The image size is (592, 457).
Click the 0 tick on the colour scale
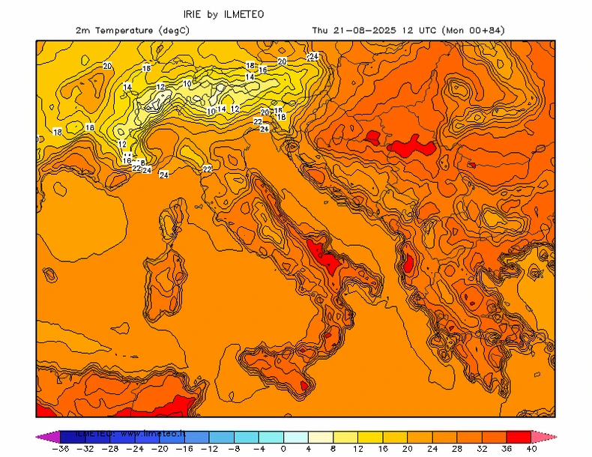(x=283, y=449)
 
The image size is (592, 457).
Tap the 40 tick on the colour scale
(x=531, y=449)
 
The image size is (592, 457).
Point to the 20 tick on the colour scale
(x=408, y=449)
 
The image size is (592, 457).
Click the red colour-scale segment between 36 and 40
(x=519, y=437)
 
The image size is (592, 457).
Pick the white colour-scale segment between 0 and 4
(x=296, y=437)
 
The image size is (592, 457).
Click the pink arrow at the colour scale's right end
(x=544, y=437)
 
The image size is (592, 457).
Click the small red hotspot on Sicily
(x=304, y=386)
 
